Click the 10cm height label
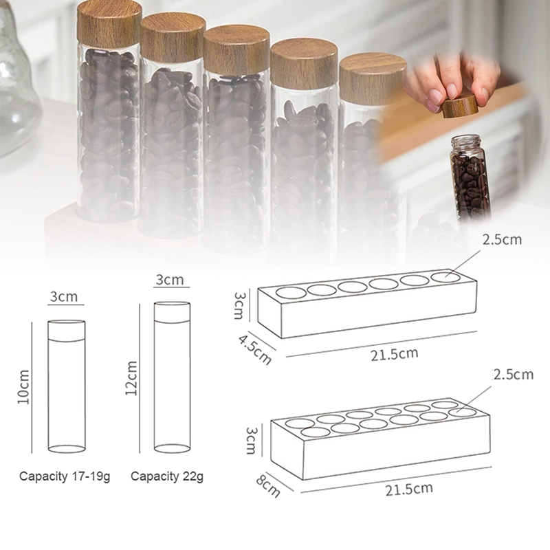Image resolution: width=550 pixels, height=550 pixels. click(x=23, y=386)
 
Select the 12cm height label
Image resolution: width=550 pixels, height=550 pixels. click(x=131, y=378)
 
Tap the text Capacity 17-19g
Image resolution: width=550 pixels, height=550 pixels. click(x=65, y=476)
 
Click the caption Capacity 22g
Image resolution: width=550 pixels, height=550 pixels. click(x=167, y=476)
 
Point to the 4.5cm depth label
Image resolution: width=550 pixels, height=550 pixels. click(x=255, y=349)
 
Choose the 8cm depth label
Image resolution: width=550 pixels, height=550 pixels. click(x=268, y=486)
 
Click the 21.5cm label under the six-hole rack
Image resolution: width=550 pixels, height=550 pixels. click(x=395, y=354)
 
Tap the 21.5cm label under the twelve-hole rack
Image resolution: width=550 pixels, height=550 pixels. click(x=409, y=489)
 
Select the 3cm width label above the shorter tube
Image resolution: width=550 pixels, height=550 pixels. click(x=63, y=297)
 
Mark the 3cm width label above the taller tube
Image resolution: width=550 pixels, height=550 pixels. click(x=170, y=280)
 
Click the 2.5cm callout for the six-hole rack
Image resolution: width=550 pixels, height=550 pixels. click(x=502, y=239)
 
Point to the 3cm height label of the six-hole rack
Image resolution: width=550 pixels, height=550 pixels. click(x=239, y=305)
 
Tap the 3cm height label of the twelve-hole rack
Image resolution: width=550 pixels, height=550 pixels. click(x=251, y=441)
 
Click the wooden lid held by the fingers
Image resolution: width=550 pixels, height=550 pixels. click(x=460, y=107)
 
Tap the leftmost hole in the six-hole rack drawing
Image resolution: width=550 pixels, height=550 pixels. click(x=291, y=291)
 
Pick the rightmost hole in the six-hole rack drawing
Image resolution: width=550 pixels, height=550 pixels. click(x=445, y=278)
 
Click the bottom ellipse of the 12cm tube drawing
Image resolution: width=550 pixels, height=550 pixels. click(x=173, y=448)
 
